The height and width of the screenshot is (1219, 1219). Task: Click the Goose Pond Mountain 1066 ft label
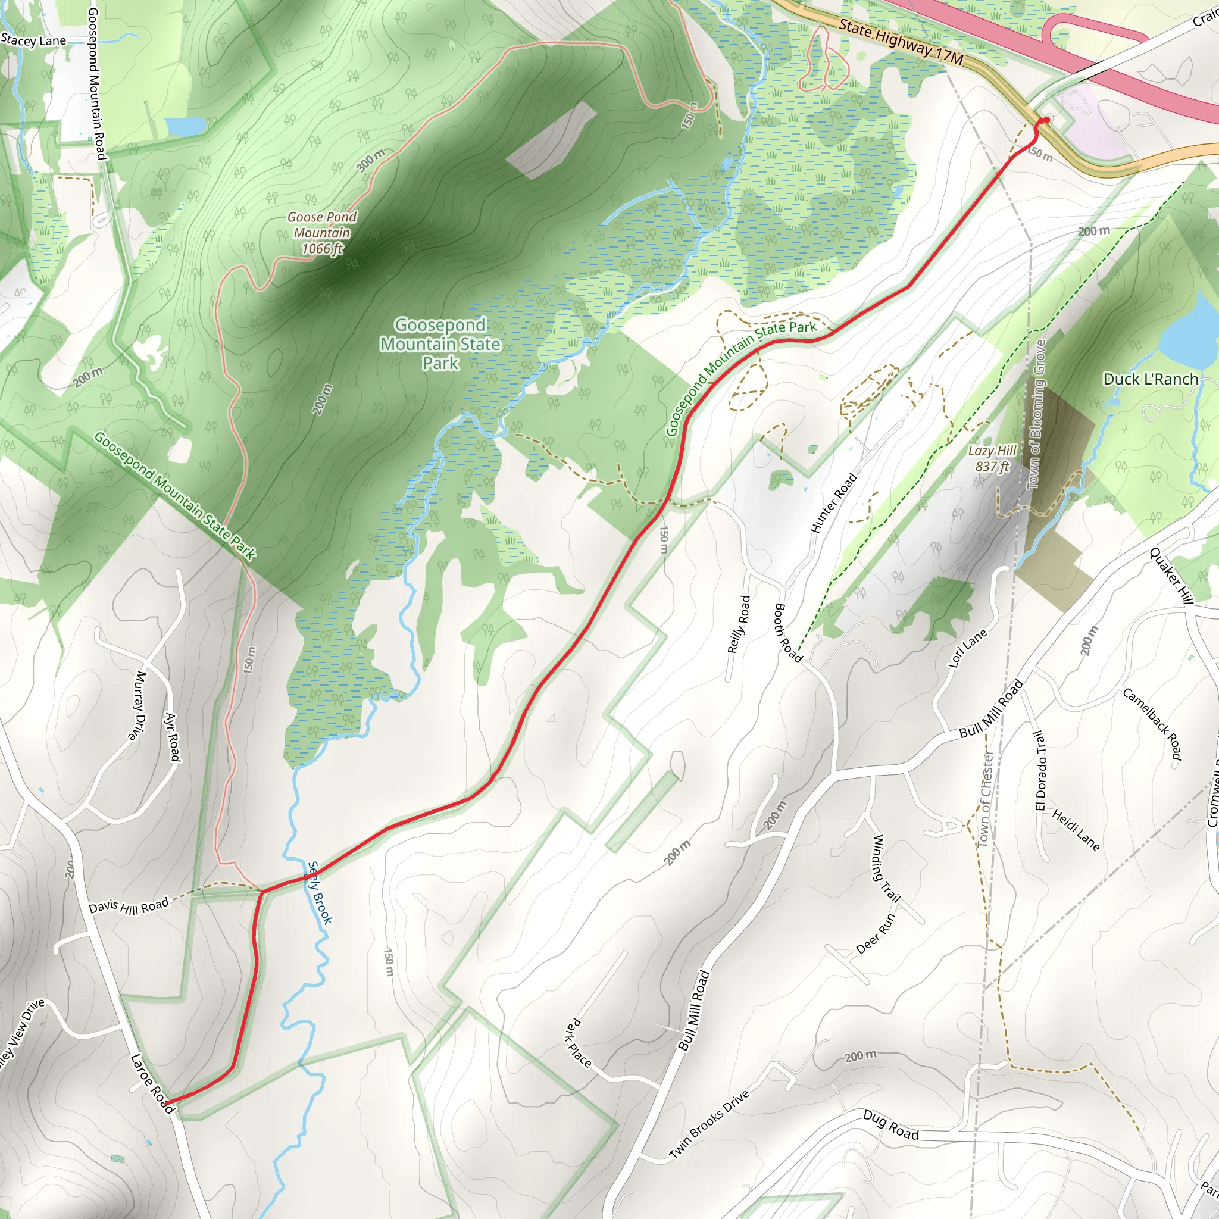[322, 233]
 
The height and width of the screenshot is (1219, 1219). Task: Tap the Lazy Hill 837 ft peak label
[992, 459]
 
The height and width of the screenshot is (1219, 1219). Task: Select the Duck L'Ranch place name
[1150, 379]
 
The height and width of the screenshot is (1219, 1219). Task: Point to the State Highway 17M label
[901, 42]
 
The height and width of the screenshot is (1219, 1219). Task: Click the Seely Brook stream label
[320, 892]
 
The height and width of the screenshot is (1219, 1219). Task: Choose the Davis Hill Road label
[129, 906]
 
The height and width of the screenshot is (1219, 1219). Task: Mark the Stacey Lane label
[33, 41]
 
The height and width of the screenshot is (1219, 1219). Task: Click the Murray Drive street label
[140, 704]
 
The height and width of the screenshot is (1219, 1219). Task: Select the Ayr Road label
[172, 736]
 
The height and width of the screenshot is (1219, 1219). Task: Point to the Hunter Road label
[833, 503]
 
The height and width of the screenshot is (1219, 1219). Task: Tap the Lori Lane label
[967, 648]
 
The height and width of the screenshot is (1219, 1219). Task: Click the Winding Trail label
[885, 868]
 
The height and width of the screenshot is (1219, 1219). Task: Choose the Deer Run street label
[876, 934]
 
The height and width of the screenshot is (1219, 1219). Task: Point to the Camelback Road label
[1152, 723]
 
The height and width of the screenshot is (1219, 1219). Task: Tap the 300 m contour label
[370, 161]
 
